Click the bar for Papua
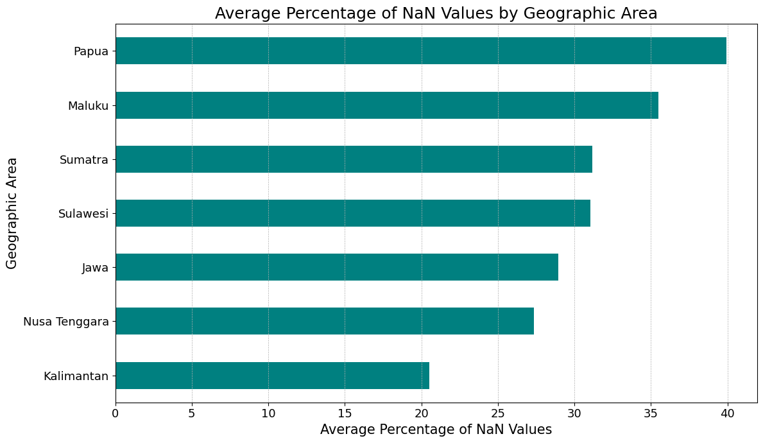[x=421, y=51]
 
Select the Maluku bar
[x=387, y=105]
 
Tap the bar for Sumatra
[x=354, y=159]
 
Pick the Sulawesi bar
[x=353, y=213]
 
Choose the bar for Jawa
[x=337, y=267]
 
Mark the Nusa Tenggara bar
[x=325, y=321]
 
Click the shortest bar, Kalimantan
[x=273, y=376]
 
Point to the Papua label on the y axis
[x=91, y=51]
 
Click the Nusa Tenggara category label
[x=66, y=322]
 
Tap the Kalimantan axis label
[x=76, y=376]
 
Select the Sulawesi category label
[x=83, y=213]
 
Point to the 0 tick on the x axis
[x=116, y=413]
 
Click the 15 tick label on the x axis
[x=345, y=413]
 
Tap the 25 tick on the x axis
[x=498, y=413]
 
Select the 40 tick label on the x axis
[x=728, y=413]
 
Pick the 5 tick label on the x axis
[x=192, y=413]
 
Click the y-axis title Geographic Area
[x=12, y=213]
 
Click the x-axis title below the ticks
[x=436, y=430]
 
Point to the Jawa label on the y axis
[x=96, y=267]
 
